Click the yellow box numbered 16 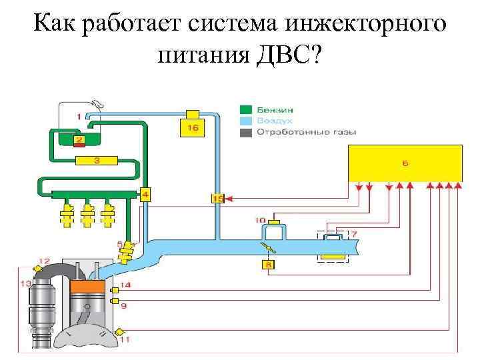[x=192, y=127]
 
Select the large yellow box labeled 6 [x=405, y=163]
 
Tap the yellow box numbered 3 [x=97, y=160]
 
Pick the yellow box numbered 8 [x=268, y=265]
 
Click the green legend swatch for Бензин [x=246, y=109]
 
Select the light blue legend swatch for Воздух [x=246, y=121]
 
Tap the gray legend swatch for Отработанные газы [x=246, y=132]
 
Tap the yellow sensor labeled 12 [x=38, y=268]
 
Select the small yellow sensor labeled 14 [x=115, y=290]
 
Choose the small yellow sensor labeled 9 [x=115, y=302]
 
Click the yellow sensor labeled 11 [x=120, y=331]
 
